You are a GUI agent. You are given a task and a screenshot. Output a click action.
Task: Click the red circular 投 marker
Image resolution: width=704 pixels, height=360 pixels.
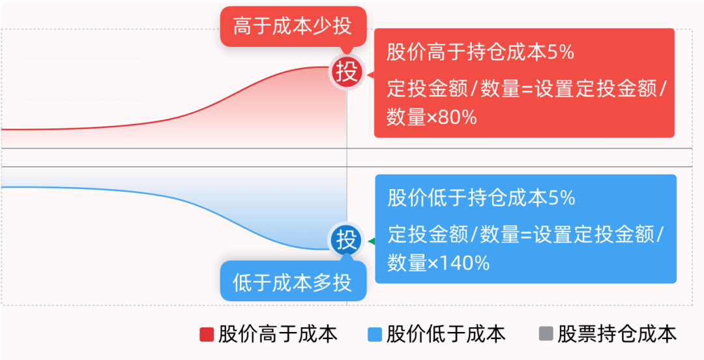347,72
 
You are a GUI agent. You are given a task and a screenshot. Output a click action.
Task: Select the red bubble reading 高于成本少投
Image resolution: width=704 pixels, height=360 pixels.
293,27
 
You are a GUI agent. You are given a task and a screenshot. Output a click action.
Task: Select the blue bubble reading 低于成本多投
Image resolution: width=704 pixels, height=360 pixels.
293,282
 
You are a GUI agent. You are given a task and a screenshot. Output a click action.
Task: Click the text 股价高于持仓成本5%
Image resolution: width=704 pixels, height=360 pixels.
480,53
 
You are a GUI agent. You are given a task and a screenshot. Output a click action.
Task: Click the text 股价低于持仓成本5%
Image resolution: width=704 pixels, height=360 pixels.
481,198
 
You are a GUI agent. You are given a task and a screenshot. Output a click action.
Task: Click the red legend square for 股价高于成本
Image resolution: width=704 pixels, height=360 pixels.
207,335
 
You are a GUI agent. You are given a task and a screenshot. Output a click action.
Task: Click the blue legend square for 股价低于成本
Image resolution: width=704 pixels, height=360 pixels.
375,335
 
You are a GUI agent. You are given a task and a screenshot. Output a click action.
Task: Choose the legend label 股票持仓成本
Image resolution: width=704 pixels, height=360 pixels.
617,335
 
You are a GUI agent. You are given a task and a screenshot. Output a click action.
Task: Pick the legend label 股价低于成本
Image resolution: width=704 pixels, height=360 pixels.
447,335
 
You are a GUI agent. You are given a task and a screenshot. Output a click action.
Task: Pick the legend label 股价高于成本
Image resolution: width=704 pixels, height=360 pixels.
278,335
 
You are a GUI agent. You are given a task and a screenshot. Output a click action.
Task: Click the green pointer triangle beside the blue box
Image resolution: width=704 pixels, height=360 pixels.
372,242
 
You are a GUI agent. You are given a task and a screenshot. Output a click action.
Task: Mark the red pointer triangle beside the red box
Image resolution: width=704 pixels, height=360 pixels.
370,76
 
